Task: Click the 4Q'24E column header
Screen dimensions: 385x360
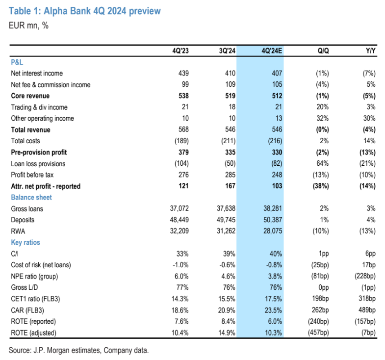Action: (272, 51)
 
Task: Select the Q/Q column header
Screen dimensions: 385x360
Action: (323, 51)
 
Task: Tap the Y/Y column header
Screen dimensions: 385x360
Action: (370, 51)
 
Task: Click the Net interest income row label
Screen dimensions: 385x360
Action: (37, 73)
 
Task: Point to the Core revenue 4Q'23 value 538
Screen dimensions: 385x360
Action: (183, 96)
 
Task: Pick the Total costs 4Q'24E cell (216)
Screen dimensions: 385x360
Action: (275, 141)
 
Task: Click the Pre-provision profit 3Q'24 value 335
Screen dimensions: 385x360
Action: (231, 152)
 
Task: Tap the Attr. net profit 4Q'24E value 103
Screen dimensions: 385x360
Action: (277, 186)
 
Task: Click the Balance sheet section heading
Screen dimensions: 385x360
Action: (31, 197)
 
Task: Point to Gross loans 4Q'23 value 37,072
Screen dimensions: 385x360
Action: (179, 208)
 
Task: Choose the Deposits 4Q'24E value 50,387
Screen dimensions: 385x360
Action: (273, 220)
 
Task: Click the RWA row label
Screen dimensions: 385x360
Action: (18, 231)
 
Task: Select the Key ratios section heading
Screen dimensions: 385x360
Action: (26, 242)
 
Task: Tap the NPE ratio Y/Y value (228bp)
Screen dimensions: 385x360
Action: (365, 276)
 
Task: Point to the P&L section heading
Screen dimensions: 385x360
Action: (17, 62)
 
